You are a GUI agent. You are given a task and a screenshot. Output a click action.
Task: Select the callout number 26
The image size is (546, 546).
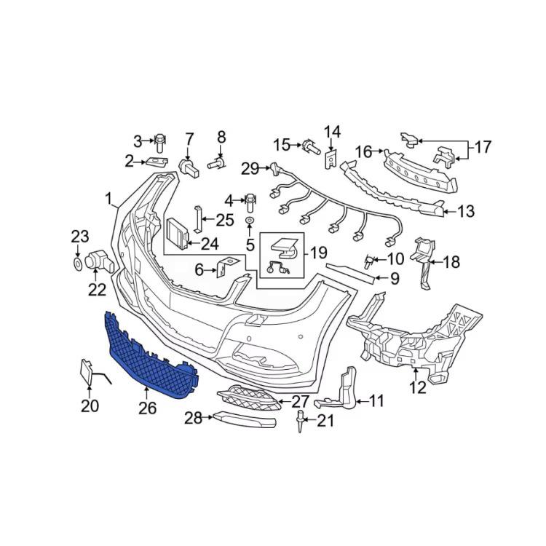pos(147,408)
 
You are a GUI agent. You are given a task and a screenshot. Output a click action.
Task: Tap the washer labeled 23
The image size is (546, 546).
pos(78,264)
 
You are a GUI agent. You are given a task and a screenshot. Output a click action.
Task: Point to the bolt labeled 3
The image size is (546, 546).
pos(160,143)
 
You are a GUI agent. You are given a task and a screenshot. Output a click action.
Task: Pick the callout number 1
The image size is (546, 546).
pos(109,199)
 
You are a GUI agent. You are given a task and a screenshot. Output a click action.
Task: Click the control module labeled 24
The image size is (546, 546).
pos(179,234)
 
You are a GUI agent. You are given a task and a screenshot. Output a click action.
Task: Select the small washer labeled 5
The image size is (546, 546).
pos(250,221)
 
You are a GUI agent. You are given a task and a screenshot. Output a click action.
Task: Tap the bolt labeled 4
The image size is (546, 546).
pos(251,203)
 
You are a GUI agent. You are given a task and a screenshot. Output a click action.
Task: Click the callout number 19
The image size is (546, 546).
pos(319,253)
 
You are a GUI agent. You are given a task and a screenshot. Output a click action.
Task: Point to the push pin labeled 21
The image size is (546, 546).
pos(300,421)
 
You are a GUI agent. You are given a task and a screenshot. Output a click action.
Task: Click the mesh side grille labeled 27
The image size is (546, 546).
pos(248,398)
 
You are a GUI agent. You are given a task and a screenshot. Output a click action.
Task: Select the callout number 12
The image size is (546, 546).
pos(418,387)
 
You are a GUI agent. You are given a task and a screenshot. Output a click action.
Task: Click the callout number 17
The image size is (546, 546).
pos(482,146)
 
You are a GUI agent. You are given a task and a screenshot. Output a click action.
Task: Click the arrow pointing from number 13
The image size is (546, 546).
pos(451,211)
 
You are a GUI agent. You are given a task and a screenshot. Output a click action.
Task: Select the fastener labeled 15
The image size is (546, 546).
pos(311,146)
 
